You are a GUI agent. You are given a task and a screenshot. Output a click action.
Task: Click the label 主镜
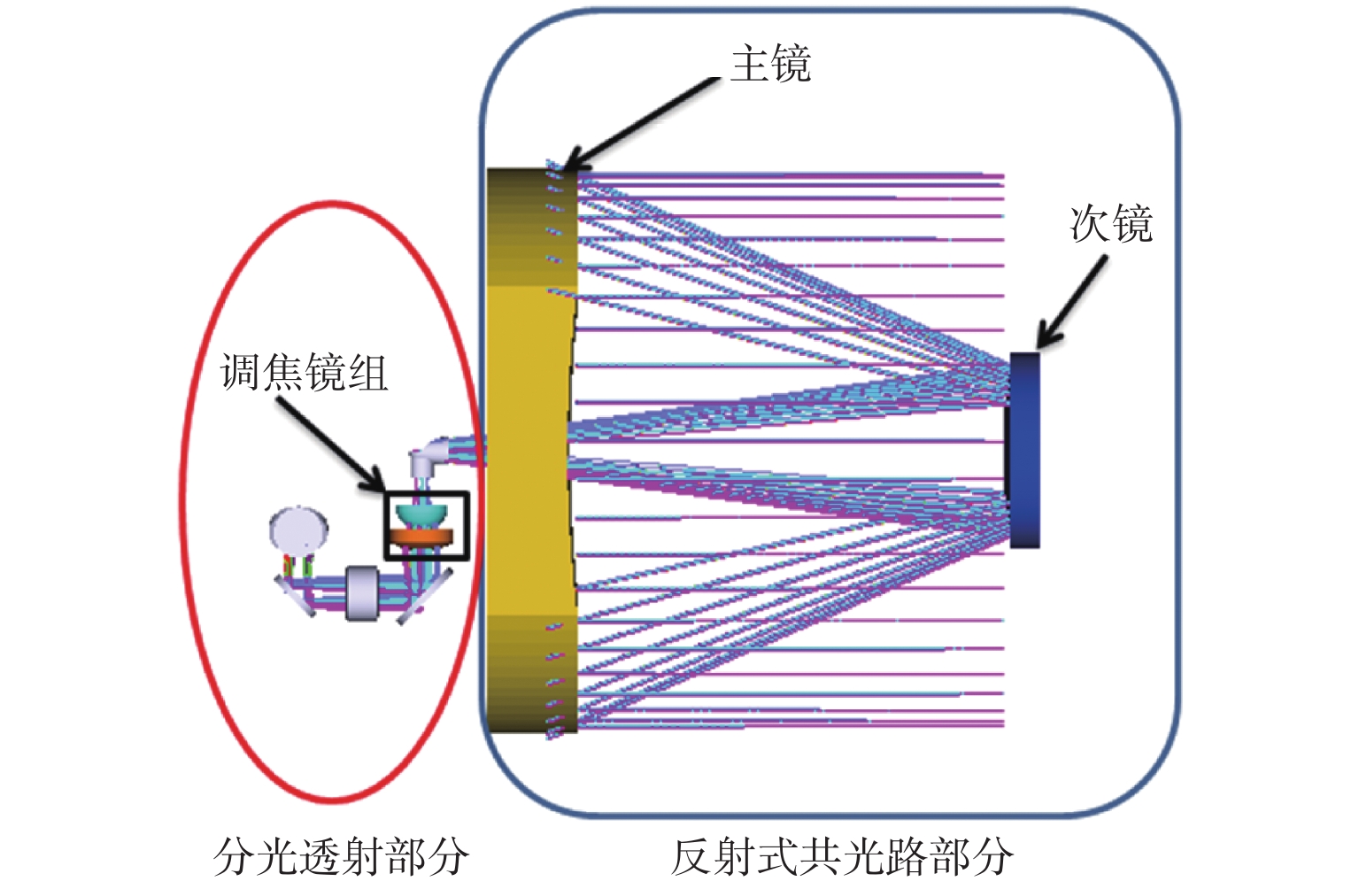tap(770, 64)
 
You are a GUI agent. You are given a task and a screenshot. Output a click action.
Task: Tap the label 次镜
tap(1111, 223)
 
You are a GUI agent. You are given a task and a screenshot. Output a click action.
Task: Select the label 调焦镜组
tap(304, 372)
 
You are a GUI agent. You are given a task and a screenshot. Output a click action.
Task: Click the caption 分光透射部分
tap(341, 856)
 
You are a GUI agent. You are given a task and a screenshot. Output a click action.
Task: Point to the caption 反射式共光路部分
tap(841, 856)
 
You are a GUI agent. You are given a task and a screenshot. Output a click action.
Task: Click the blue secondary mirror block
tap(1024, 450)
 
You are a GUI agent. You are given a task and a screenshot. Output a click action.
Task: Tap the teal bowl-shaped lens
tap(421, 514)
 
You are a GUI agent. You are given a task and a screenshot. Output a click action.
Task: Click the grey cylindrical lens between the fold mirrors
tap(362, 592)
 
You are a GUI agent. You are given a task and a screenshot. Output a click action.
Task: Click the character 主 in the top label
tap(749, 64)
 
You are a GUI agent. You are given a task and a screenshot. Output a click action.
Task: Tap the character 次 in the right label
tap(1090, 223)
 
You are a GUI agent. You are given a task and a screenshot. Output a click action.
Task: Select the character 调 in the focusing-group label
tap(241, 372)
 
